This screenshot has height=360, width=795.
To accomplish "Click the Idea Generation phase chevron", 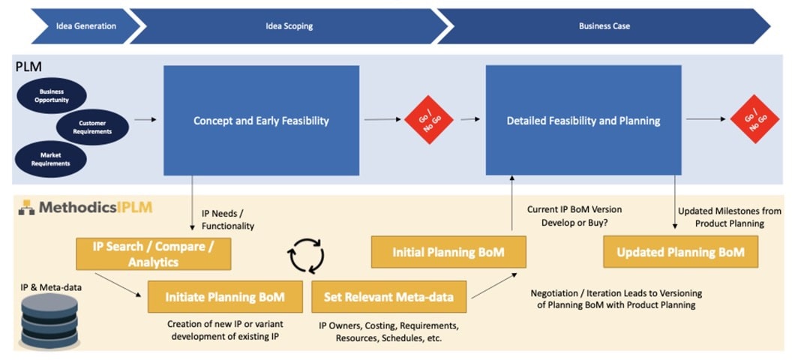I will (x=85, y=26).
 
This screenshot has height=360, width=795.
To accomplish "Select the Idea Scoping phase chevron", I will (x=289, y=26).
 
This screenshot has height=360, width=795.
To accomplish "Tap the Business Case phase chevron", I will (x=604, y=26).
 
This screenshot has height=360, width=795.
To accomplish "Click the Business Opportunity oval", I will (x=52, y=95).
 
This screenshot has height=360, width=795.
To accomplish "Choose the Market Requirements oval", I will (x=51, y=158).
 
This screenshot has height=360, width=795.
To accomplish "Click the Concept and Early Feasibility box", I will (x=261, y=120).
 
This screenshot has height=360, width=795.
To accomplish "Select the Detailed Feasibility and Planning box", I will (x=583, y=120).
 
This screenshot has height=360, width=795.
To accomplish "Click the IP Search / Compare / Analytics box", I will (x=153, y=253).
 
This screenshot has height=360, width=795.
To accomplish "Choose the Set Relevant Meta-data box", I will (x=388, y=297).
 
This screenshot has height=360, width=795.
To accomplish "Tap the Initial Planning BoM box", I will (x=448, y=253).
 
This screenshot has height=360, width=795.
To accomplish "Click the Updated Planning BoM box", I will (x=680, y=253).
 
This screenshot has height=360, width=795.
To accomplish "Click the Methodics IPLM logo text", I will (x=93, y=207).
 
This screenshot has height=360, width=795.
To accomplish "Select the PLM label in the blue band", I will (x=28, y=67).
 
